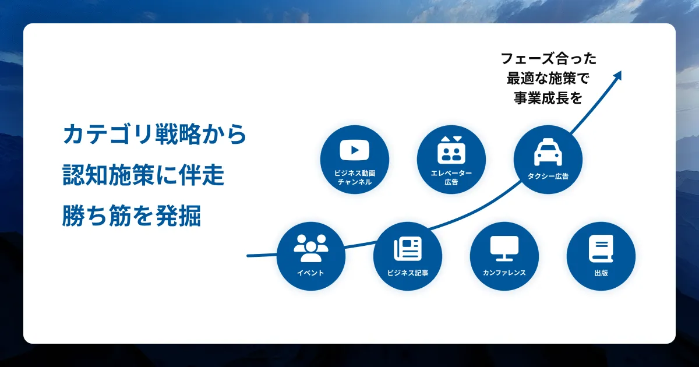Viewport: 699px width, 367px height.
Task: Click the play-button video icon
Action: (355, 150)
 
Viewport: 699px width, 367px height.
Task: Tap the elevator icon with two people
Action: (451, 150)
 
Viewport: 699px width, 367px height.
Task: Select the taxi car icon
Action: (548, 152)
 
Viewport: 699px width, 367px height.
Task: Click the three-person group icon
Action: (311, 248)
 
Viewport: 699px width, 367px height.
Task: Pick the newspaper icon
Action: (408, 248)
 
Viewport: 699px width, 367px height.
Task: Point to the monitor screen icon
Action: (504, 248)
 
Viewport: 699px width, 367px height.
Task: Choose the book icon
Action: (601, 249)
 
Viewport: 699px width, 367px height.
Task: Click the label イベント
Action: (310, 273)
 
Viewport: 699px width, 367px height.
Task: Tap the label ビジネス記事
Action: (408, 273)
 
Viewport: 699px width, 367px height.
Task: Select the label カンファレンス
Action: (504, 273)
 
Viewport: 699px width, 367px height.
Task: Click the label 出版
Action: (601, 273)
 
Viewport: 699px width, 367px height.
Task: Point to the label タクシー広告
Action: (548, 177)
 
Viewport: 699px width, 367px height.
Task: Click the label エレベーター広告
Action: (451, 177)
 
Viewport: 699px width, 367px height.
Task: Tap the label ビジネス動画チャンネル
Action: (355, 177)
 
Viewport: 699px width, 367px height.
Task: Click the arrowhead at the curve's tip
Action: (618, 75)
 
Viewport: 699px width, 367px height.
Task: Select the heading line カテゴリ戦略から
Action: (155, 134)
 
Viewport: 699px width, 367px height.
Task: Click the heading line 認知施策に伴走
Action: (143, 175)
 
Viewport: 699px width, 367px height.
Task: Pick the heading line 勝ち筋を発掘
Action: (132, 216)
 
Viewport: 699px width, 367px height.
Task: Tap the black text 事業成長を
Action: (548, 98)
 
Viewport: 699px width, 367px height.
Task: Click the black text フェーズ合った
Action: (548, 59)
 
